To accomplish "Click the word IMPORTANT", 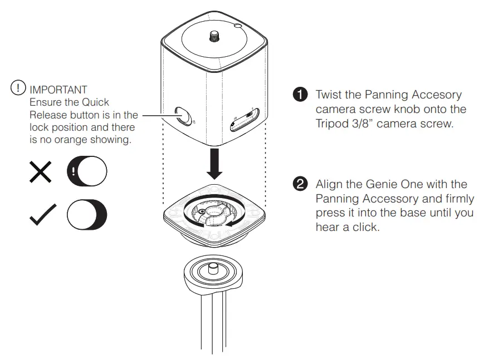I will [x=58, y=90].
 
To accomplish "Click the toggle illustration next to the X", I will [x=87, y=172].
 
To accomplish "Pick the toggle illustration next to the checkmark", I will [x=87, y=213].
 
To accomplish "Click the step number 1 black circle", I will [x=300, y=95].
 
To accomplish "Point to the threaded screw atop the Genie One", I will [x=214, y=36].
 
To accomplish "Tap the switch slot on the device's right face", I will [x=244, y=118].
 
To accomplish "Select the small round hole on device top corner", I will [x=238, y=26].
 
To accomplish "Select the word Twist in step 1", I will [x=329, y=95].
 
